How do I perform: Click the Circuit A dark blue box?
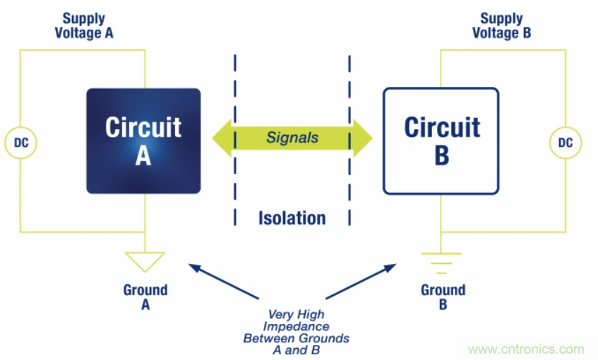(x=143, y=140)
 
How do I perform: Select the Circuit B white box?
(x=441, y=140)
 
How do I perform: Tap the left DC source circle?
(x=20, y=143)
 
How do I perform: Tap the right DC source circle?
(x=565, y=143)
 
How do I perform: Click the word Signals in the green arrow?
(x=292, y=138)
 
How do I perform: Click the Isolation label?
(x=292, y=218)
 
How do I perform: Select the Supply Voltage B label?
(x=501, y=25)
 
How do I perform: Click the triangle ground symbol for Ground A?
(x=144, y=260)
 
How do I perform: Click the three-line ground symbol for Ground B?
(x=441, y=263)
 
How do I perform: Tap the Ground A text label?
(x=145, y=296)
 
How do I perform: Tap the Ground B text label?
(x=443, y=296)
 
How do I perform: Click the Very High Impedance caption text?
(x=296, y=326)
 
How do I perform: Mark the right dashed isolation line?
(x=349, y=140)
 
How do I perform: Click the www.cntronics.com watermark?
(x=526, y=349)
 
